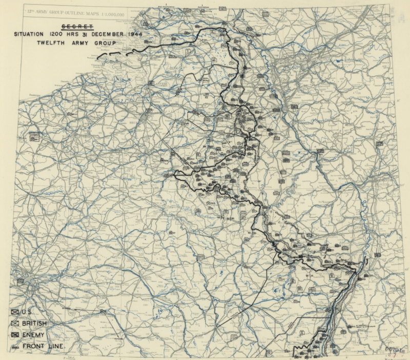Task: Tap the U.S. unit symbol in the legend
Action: click(15, 312)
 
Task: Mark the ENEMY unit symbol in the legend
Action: click(15, 334)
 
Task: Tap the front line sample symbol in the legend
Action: click(15, 347)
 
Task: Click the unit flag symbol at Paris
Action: click(22, 281)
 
